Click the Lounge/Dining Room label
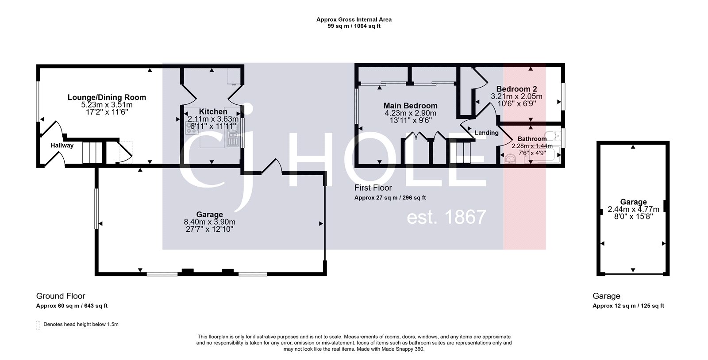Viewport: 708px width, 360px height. click(107, 97)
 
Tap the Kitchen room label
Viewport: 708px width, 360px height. click(213, 111)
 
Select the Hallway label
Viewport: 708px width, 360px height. click(62, 146)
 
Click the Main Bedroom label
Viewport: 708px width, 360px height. click(410, 106)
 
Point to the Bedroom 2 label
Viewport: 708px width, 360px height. click(516, 89)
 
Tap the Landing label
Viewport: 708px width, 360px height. click(486, 133)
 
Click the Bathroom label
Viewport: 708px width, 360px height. click(532, 139)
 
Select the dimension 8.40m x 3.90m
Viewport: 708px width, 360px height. click(209, 222)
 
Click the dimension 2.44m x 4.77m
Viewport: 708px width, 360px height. click(633, 209)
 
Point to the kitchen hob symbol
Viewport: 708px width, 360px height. click(192, 129)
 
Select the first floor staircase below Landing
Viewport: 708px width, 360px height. click(463, 153)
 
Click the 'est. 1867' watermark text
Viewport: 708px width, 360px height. click(446, 217)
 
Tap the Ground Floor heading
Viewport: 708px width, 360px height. click(61, 296)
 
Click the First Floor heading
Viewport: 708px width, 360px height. click(373, 188)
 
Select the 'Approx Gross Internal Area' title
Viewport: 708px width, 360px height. click(354, 19)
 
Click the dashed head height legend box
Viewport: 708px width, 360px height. click(38, 325)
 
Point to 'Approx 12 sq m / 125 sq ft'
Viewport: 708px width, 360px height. click(628, 306)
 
